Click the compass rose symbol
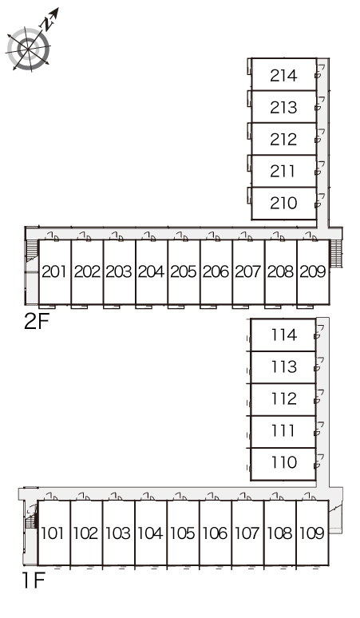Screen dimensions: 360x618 click(29, 49)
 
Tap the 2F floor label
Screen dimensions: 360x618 click(37, 322)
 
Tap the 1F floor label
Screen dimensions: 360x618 click(34, 580)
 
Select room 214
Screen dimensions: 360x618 click(283, 74)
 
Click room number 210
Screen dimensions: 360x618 click(283, 204)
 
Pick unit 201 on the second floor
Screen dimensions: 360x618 click(55, 272)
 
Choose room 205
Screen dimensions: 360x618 click(184, 272)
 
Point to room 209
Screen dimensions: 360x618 click(313, 272)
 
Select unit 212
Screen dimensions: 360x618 click(283, 139)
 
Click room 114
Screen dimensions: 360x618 click(283, 335)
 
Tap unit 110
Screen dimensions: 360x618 click(283, 464)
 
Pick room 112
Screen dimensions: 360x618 click(283, 399)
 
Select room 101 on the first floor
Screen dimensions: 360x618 click(53, 533)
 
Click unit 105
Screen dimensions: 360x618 click(183, 533)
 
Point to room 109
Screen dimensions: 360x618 click(312, 533)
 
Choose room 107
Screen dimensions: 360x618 click(247, 533)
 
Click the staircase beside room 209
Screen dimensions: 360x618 click(335, 253)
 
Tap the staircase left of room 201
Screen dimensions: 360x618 click(32, 252)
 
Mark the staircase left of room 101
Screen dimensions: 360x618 click(31, 517)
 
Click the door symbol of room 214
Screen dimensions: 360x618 click(319, 72)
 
